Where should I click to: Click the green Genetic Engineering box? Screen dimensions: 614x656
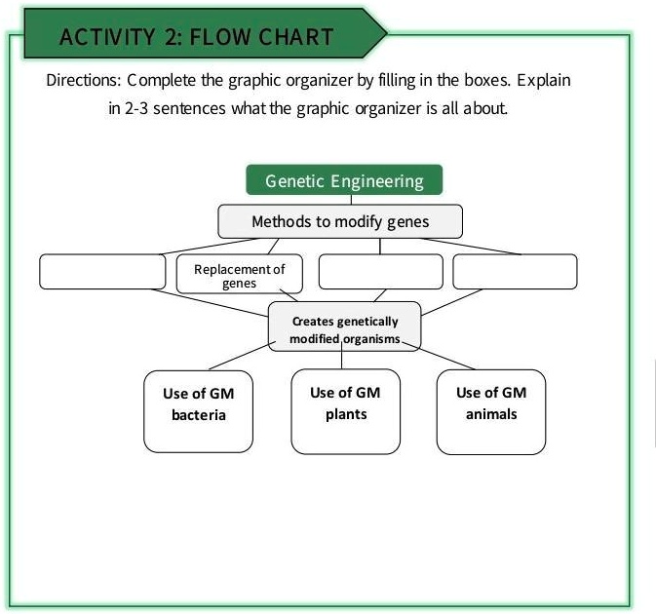click(344, 180)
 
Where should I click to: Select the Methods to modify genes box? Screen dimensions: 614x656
click(339, 221)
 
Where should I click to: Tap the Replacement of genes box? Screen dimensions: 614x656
click(240, 275)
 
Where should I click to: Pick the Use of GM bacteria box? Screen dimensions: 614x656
click(198, 410)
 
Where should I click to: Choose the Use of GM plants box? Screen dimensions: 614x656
click(345, 410)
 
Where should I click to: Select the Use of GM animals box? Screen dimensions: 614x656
click(490, 410)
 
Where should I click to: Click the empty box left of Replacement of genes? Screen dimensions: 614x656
click(102, 272)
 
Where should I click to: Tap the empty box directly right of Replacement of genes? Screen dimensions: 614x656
click(380, 272)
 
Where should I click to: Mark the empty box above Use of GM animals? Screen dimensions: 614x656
click(515, 272)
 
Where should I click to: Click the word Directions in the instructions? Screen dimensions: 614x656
click(81, 80)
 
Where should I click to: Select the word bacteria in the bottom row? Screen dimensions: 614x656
click(198, 416)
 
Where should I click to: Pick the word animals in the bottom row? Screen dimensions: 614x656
click(490, 414)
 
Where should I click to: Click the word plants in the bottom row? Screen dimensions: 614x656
click(345, 414)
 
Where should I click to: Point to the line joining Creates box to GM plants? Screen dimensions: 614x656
click(341, 359)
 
